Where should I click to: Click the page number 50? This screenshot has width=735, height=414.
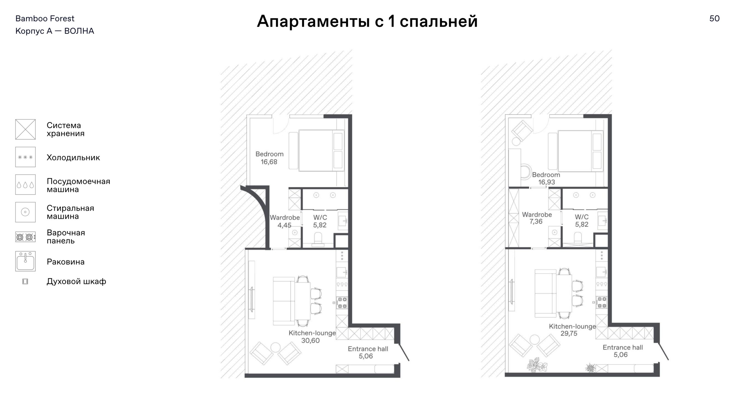coord(714,19)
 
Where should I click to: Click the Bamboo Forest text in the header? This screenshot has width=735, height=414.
coord(45,19)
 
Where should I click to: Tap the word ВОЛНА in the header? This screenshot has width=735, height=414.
coord(79,31)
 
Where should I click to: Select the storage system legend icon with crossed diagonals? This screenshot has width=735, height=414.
coord(25,129)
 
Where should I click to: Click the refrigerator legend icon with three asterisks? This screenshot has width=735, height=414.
coord(25,157)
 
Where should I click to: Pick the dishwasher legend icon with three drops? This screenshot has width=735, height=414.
coord(25,185)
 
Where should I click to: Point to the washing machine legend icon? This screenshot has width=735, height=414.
coord(25,212)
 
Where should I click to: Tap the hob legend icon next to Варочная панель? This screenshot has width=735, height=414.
coord(25,237)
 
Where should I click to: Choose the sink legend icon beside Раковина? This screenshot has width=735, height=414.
coord(25,261)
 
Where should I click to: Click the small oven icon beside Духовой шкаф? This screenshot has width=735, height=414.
coord(25,281)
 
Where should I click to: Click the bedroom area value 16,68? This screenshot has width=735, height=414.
coord(269,162)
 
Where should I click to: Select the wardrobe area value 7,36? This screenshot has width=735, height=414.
coord(536,221)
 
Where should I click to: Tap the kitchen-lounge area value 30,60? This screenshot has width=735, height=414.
coord(310,341)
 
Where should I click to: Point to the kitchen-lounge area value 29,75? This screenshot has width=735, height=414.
coord(569,333)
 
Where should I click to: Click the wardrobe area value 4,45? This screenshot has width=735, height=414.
coord(284,225)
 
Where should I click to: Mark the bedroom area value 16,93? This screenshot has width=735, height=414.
coord(546,182)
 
